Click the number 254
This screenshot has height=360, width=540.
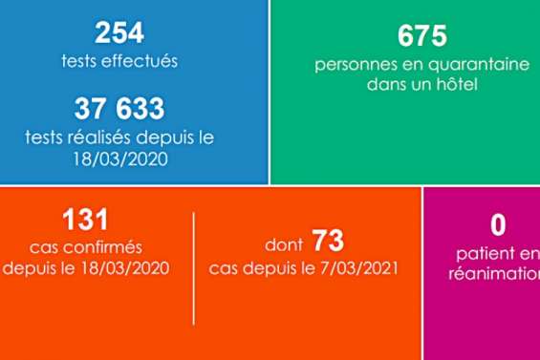pos(119,33)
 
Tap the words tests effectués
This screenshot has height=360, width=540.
pos(119,62)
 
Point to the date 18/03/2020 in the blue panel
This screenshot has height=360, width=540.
pos(119,159)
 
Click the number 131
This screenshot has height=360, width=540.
pos(85,219)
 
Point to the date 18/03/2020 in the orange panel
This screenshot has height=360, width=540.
pos(114,268)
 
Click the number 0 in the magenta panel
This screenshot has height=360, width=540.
pos(497,225)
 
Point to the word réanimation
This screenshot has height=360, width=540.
pos(493,273)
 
